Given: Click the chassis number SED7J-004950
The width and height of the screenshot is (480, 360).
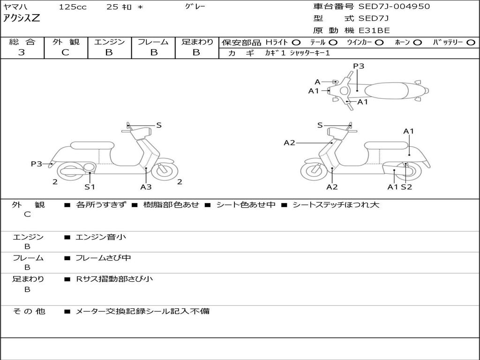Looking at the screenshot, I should point(394,7).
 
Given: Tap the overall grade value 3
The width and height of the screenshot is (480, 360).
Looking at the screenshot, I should point(22,52).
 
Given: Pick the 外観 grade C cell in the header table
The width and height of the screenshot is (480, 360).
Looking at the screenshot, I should point(65,52).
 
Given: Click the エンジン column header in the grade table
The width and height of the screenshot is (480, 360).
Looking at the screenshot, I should point(109,42).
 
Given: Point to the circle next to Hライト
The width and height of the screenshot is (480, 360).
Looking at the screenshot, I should point(296,43).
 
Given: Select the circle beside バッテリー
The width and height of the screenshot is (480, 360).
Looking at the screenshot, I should point(471,43).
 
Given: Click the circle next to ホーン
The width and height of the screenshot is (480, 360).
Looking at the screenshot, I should point(418,43).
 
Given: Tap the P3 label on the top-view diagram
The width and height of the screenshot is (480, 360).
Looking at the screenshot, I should point(359,66).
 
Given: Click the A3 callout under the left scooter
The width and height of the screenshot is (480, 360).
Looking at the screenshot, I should point(146,187).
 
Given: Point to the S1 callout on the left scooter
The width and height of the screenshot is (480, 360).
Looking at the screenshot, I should point(90,187).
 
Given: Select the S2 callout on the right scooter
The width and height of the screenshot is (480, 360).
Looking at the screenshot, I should point(406,187).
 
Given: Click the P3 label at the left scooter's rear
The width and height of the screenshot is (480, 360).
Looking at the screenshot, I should point(37,164).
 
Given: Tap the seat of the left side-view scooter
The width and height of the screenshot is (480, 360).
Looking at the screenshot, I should point(92,145).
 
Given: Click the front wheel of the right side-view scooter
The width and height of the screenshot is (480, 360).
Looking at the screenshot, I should point(314,171).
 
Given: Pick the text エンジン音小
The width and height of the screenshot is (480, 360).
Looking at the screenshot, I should point(101,237).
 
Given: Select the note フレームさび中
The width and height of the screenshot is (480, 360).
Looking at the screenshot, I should point(104,258).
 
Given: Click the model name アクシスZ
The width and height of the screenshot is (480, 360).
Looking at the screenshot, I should point(22,18).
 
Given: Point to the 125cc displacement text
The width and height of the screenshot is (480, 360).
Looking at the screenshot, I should point(73,7).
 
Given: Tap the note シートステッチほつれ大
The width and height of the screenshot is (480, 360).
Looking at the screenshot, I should point(336,205).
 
